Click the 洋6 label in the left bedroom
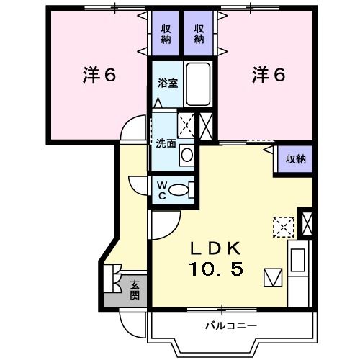pyautogui.click(x=99, y=75)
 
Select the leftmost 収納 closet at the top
pyautogui.click(x=165, y=34)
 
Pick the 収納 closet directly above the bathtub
pyautogui.click(x=199, y=34)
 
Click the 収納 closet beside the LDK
pyautogui.click(x=294, y=158)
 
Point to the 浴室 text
pyautogui.click(x=168, y=82)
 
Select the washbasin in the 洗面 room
pyautogui.click(x=186, y=153)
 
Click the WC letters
pyautogui.click(x=162, y=189)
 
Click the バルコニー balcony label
pyautogui.click(x=230, y=326)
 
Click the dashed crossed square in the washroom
pyautogui.click(x=186, y=125)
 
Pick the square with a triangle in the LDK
pyautogui.click(x=274, y=276)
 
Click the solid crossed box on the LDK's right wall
pyautogui.click(x=306, y=222)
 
